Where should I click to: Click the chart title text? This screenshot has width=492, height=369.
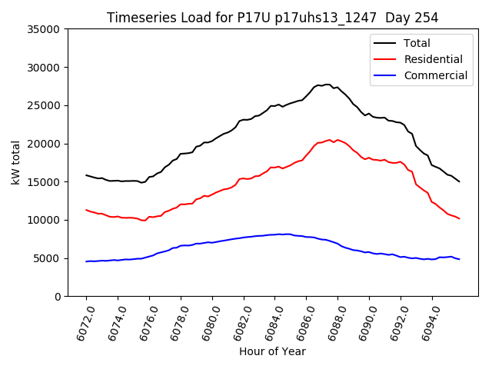(273, 18)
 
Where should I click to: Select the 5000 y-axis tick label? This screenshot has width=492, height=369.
(48, 258)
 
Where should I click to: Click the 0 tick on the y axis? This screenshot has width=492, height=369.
(58, 297)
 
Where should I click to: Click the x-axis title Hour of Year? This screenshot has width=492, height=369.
(273, 351)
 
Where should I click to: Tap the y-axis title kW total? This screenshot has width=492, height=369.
(16, 163)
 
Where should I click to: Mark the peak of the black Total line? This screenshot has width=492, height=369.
(327, 85)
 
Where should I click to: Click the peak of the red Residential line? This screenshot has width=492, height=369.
(330, 140)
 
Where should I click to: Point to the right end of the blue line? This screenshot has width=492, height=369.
(459, 259)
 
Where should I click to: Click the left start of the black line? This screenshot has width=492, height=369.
(86, 175)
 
